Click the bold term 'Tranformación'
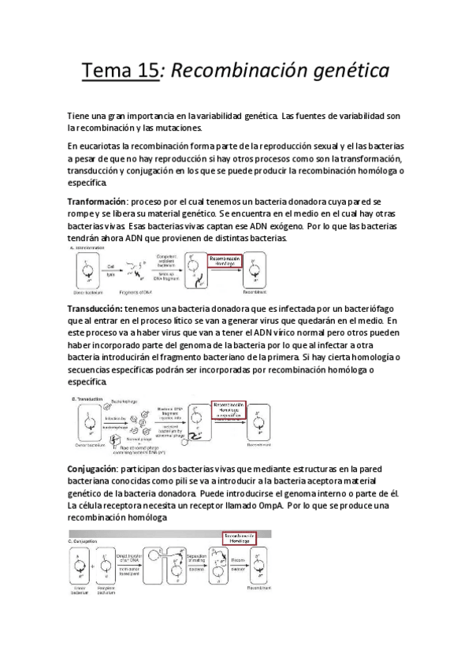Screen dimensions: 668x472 (98, 202)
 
